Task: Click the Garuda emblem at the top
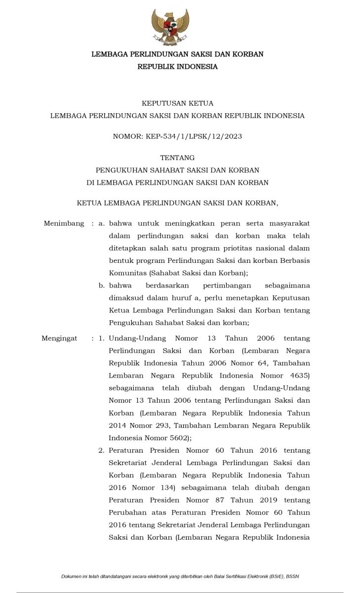point(170,27)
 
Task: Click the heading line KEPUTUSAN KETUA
point(177,103)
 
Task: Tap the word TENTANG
point(177,158)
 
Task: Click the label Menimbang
point(64,223)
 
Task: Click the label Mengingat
point(59,339)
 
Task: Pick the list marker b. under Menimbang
point(101,285)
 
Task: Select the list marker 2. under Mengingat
point(101,450)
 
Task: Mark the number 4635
point(298,376)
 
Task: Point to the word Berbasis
point(295,260)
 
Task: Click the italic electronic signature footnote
point(180,576)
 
